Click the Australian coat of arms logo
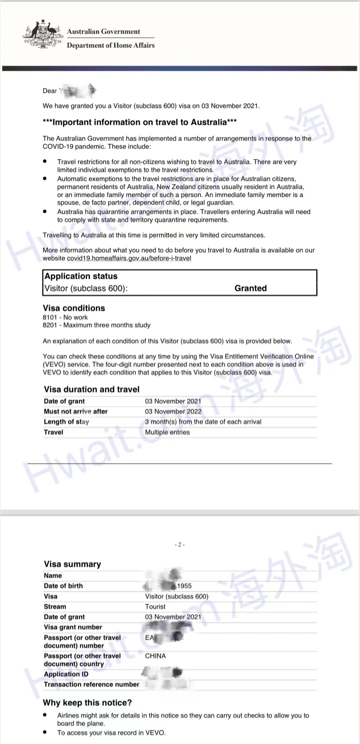(x=43, y=35)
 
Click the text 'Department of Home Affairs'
(x=111, y=45)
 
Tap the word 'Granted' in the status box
(x=250, y=288)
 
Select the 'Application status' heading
(x=81, y=276)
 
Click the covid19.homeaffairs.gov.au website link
(x=129, y=258)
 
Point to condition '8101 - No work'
(x=65, y=317)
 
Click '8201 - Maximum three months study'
(x=96, y=325)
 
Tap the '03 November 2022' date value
(x=173, y=411)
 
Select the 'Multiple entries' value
(x=167, y=432)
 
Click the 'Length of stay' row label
(x=66, y=422)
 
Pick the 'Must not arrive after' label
(x=76, y=411)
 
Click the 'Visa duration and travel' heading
(x=92, y=389)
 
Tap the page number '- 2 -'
(x=180, y=545)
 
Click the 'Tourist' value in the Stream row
(x=155, y=607)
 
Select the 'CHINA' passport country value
(x=155, y=656)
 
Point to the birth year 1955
(x=184, y=586)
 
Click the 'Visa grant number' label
(x=73, y=627)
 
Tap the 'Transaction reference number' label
(x=91, y=684)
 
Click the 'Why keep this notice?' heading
(x=87, y=703)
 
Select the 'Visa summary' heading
(x=72, y=564)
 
